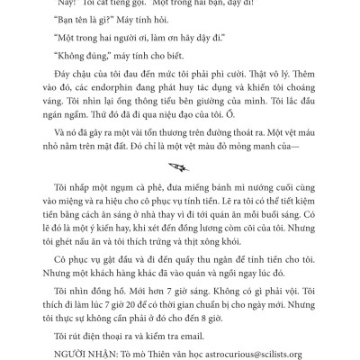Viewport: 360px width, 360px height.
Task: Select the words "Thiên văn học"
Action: tap(177, 353)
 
